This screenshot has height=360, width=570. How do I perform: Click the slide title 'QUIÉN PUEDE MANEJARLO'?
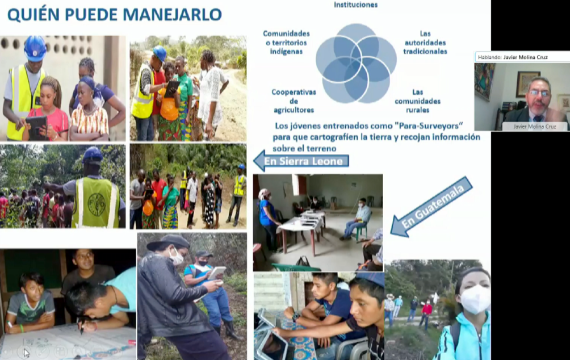tap(115, 15)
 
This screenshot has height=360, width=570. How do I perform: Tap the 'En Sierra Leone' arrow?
tap(301, 161)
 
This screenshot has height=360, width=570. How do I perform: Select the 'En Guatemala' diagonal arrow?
tap(431, 207)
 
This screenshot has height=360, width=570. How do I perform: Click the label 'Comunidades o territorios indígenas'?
tap(286, 43)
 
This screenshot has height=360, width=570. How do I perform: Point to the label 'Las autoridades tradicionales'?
tap(425, 43)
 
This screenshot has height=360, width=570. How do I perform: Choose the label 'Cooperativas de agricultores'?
tap(294, 101)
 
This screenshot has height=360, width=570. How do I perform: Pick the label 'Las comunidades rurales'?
tap(417, 101)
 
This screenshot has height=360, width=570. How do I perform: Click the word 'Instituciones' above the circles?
tap(355, 5)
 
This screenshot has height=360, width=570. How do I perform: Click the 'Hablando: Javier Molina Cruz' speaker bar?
tap(522, 57)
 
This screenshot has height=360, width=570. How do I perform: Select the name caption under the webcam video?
tap(534, 126)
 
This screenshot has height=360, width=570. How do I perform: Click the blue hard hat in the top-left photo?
tap(35, 48)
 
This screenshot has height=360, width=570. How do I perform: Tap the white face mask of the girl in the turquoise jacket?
tap(475, 299)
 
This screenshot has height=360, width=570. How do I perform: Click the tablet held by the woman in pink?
tap(36, 127)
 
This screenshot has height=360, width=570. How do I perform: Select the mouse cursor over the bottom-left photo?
tap(26, 353)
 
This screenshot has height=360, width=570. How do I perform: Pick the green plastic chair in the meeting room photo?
tap(362, 228)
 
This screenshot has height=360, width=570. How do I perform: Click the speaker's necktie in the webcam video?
tap(537, 119)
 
